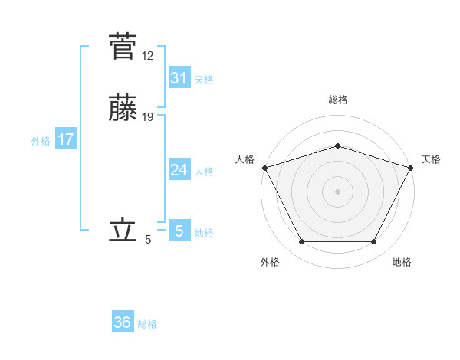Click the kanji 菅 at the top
pos(123,46)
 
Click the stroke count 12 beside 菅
pos(148,55)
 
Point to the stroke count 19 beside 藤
pos(148,117)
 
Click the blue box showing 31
pos(179,78)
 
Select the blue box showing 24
pos(179,170)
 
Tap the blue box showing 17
pos(66,139)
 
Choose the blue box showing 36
pos(123,322)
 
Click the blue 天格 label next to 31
pos(204,80)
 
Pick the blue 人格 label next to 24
pos(204,172)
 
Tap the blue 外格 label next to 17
pos(41,141)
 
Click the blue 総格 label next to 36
pos(147,324)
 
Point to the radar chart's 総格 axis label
pos(337,100)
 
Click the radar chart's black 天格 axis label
pos(431,159)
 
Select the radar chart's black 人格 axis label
pos(245,159)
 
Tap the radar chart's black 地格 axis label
pos(402,262)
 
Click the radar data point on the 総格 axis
pos(337,146)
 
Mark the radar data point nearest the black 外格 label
pos(301,242)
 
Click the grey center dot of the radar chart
pos(337,191)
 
